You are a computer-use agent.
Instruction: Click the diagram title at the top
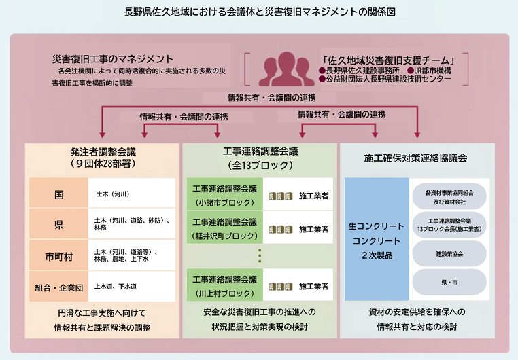coord(259,12)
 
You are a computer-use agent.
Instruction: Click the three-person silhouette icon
coord(283,67)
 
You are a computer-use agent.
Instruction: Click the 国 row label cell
coord(59,194)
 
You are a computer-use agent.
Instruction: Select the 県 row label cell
coord(59,225)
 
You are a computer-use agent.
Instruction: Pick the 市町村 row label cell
coord(59,256)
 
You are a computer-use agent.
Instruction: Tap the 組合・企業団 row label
coord(59,287)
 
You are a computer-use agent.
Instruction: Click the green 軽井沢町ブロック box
coord(225,228)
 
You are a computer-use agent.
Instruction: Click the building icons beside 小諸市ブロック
coord(281,196)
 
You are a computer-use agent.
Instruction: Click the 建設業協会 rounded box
coord(449,253)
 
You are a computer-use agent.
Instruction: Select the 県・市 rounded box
coord(449,282)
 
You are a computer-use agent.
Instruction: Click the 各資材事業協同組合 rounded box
coord(449,196)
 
